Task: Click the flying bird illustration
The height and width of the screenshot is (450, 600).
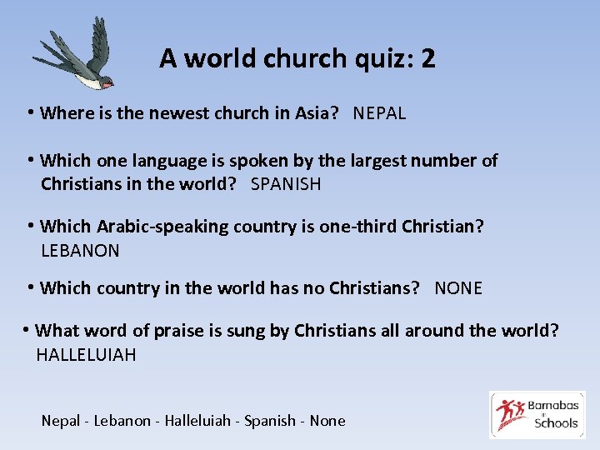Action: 75,57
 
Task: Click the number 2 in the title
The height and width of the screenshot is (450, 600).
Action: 427,58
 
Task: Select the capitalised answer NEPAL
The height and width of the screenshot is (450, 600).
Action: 379,113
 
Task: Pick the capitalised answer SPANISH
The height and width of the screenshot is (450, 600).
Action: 286,184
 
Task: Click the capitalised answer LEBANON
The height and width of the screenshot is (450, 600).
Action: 80,250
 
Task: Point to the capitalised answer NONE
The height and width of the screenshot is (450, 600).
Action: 458,288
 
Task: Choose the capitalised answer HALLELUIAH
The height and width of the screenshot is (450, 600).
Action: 86,355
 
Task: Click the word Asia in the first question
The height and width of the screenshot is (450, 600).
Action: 317,113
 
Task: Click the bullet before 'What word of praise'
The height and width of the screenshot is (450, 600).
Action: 27,330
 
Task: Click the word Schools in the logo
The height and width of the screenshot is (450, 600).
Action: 556,422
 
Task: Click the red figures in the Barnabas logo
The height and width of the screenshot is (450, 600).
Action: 511,413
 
